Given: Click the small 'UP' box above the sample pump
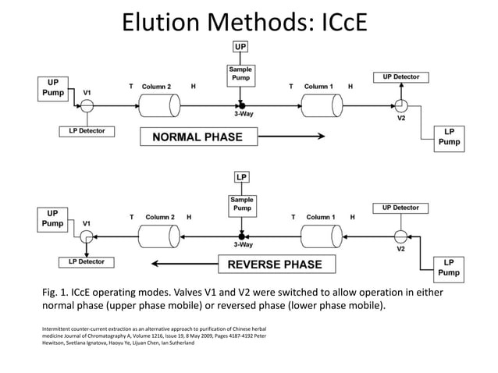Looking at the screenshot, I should point(240,48).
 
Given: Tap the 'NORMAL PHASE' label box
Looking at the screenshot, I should point(197,137).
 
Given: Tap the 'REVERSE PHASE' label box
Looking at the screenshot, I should point(274,264).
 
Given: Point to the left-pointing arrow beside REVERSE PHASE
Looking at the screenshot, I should point(178,264).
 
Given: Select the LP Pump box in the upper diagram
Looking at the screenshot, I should point(449,137).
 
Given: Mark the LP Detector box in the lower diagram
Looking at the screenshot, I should point(87,261).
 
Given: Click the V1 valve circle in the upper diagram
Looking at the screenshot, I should point(87,104).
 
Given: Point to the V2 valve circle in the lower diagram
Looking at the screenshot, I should point(400,236).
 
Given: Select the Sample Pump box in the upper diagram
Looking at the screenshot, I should point(240,76).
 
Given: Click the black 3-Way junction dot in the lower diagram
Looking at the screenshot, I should point(241,236).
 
